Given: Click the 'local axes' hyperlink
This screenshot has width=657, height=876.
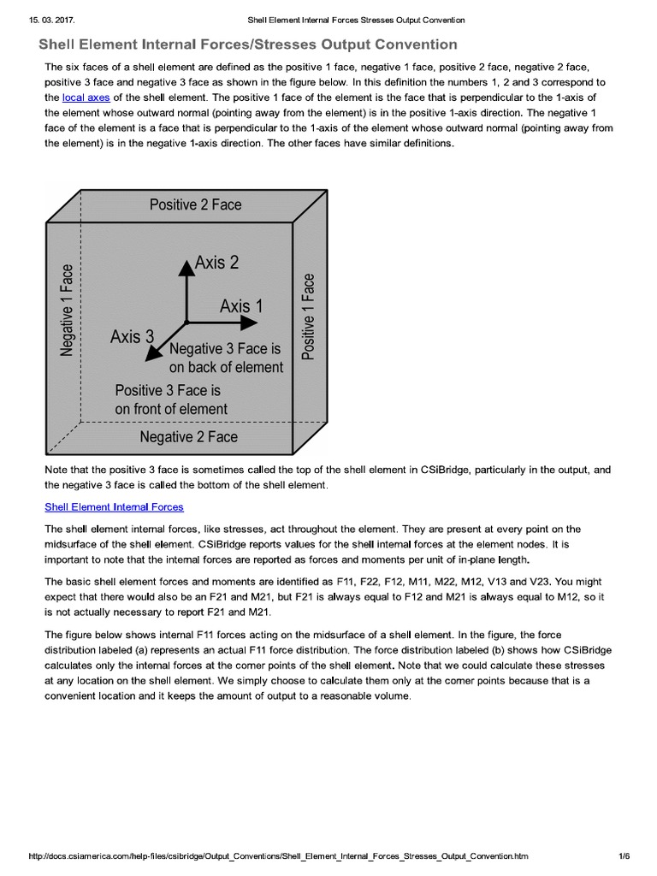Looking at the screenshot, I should pyautogui.click(x=82, y=98).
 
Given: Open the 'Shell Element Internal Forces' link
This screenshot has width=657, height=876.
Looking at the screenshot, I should pyautogui.click(x=114, y=506).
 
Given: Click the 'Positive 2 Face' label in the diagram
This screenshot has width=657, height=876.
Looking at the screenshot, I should pyautogui.click(x=195, y=204).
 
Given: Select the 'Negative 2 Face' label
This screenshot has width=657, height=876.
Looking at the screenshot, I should pyautogui.click(x=188, y=437).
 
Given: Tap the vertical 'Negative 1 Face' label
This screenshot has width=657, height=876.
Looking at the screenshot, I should pyautogui.click(x=67, y=310).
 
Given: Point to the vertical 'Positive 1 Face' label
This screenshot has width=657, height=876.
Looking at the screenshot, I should pyautogui.click(x=310, y=316).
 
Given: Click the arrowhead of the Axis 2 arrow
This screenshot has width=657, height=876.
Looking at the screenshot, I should pyautogui.click(x=185, y=265).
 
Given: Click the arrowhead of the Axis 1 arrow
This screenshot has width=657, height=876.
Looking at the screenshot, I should pyautogui.click(x=250, y=323).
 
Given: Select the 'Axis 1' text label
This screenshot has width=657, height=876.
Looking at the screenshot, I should pyautogui.click(x=241, y=305).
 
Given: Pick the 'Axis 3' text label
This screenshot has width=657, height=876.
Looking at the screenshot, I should pyautogui.click(x=132, y=337).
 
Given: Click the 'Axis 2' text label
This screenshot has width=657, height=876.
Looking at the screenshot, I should pyautogui.click(x=216, y=263).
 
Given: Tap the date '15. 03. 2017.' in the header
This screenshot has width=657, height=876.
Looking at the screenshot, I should pyautogui.click(x=43, y=20).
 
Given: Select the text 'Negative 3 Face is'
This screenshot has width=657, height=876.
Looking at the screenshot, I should pyautogui.click(x=225, y=349).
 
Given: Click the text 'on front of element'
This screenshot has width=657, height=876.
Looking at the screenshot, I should pyautogui.click(x=171, y=409).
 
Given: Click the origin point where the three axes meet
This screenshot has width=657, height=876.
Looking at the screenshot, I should pyautogui.click(x=185, y=323).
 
